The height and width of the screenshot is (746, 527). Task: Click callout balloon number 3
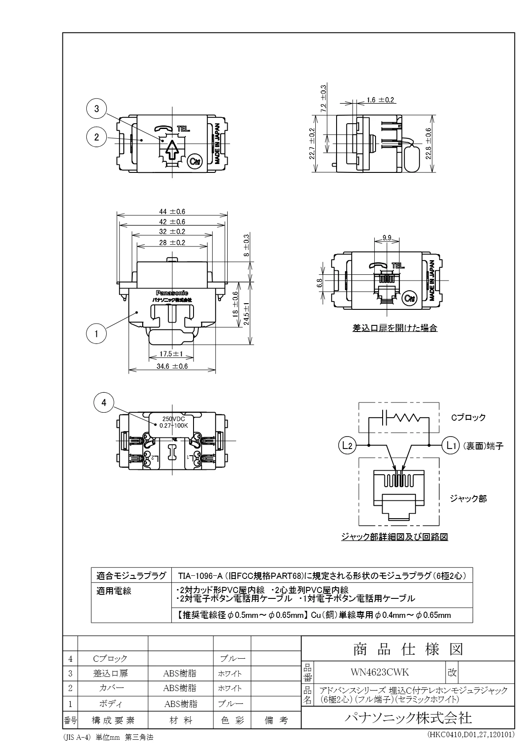tap(97, 109)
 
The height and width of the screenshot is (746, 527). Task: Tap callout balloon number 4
tap(104, 402)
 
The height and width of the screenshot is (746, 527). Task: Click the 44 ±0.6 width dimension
tap(172, 211)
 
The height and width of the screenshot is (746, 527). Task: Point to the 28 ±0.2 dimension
tap(172, 242)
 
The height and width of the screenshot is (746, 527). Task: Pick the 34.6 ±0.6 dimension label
tap(172, 366)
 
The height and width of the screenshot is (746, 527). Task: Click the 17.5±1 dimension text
tap(172, 354)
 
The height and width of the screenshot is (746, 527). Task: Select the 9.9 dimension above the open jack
tap(386, 238)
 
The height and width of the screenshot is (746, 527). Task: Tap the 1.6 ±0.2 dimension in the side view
tap(380, 100)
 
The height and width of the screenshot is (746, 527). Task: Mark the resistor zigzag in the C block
tap(410, 418)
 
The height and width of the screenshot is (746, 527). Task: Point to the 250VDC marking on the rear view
tap(174, 419)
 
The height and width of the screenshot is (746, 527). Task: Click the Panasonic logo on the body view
tap(172, 293)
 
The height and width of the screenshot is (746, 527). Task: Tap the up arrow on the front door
tap(171, 150)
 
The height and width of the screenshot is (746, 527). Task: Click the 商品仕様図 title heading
tap(408, 649)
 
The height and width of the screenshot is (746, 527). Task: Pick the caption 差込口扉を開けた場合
tap(395, 328)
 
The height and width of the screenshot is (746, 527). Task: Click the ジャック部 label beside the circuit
tap(468, 499)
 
